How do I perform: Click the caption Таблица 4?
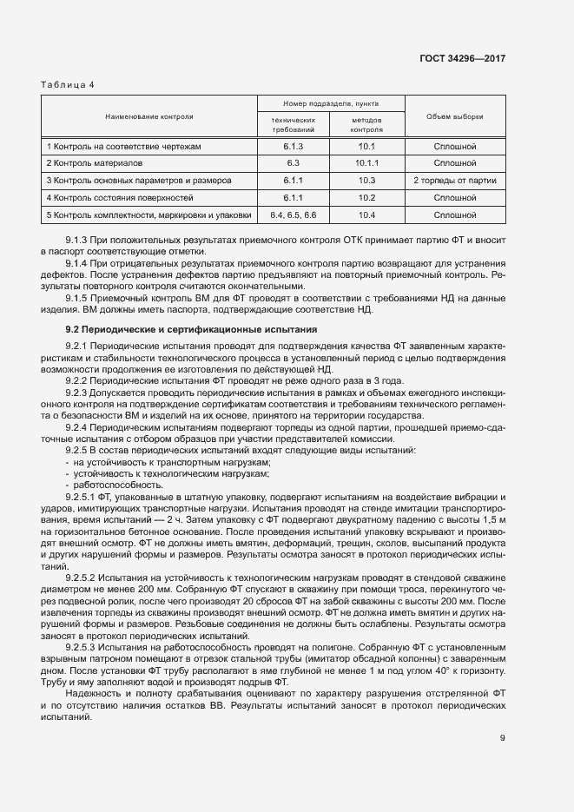click(x=68, y=84)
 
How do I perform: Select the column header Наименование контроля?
click(x=148, y=116)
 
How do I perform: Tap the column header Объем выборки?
click(x=455, y=116)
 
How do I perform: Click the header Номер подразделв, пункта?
click(x=330, y=102)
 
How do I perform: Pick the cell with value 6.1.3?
click(x=292, y=147)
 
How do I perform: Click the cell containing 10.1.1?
click(x=367, y=163)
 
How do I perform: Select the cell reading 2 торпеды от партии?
click(x=455, y=180)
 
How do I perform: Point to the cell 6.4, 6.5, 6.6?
click(x=293, y=214)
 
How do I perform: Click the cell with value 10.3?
click(x=366, y=180)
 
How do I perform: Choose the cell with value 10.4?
click(x=366, y=214)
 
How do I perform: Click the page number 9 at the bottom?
click(x=502, y=738)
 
